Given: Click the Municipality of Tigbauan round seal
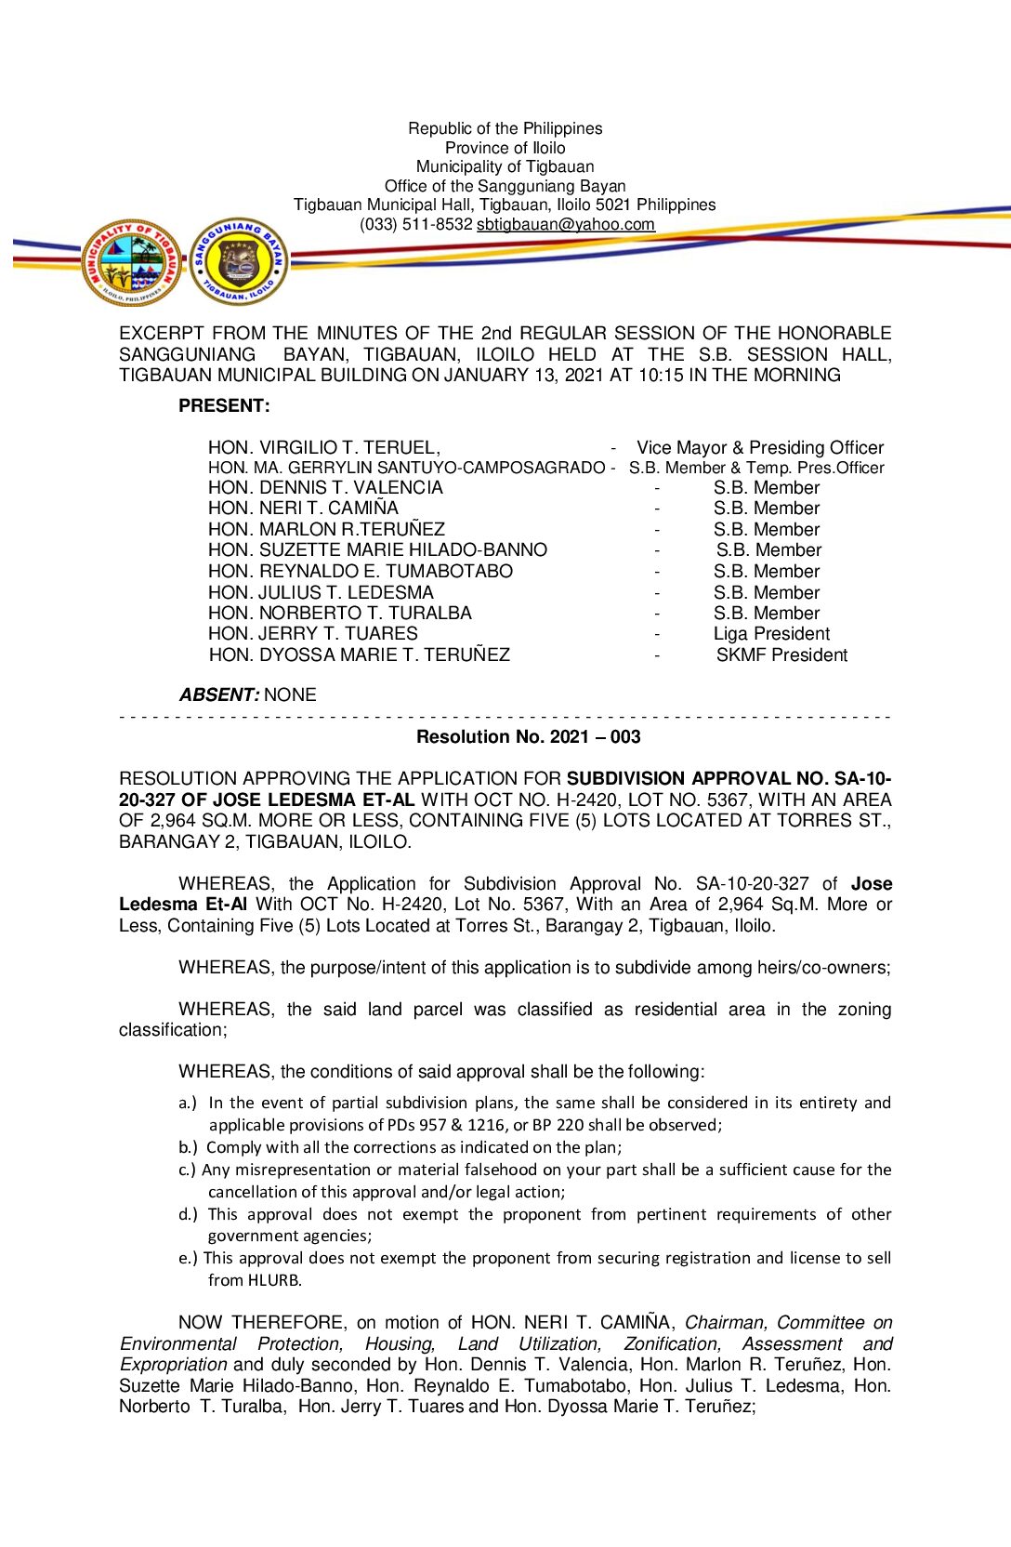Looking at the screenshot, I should [131, 262].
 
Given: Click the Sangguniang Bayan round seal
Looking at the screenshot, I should [239, 261].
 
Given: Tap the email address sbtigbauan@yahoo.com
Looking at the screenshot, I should [565, 224].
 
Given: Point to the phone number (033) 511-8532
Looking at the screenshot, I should [415, 224].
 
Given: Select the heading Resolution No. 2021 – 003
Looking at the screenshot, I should [528, 736].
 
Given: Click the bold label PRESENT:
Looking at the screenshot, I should [224, 405].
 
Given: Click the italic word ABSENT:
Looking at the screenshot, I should [218, 694].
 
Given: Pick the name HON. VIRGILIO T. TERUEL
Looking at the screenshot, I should [323, 447].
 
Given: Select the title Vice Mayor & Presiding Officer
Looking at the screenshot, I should [759, 447].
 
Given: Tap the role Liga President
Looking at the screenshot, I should [771, 634].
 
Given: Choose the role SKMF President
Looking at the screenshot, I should [781, 655].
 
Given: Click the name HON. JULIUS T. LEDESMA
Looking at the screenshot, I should [321, 592].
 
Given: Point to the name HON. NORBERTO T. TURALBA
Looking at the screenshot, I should [339, 613].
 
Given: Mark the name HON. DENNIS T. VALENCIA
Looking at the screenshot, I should [325, 487].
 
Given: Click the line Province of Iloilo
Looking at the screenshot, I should [505, 148].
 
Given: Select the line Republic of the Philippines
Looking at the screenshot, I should [505, 128].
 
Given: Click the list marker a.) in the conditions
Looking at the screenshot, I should [188, 1103].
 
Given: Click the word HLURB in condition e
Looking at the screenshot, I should [274, 1280].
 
